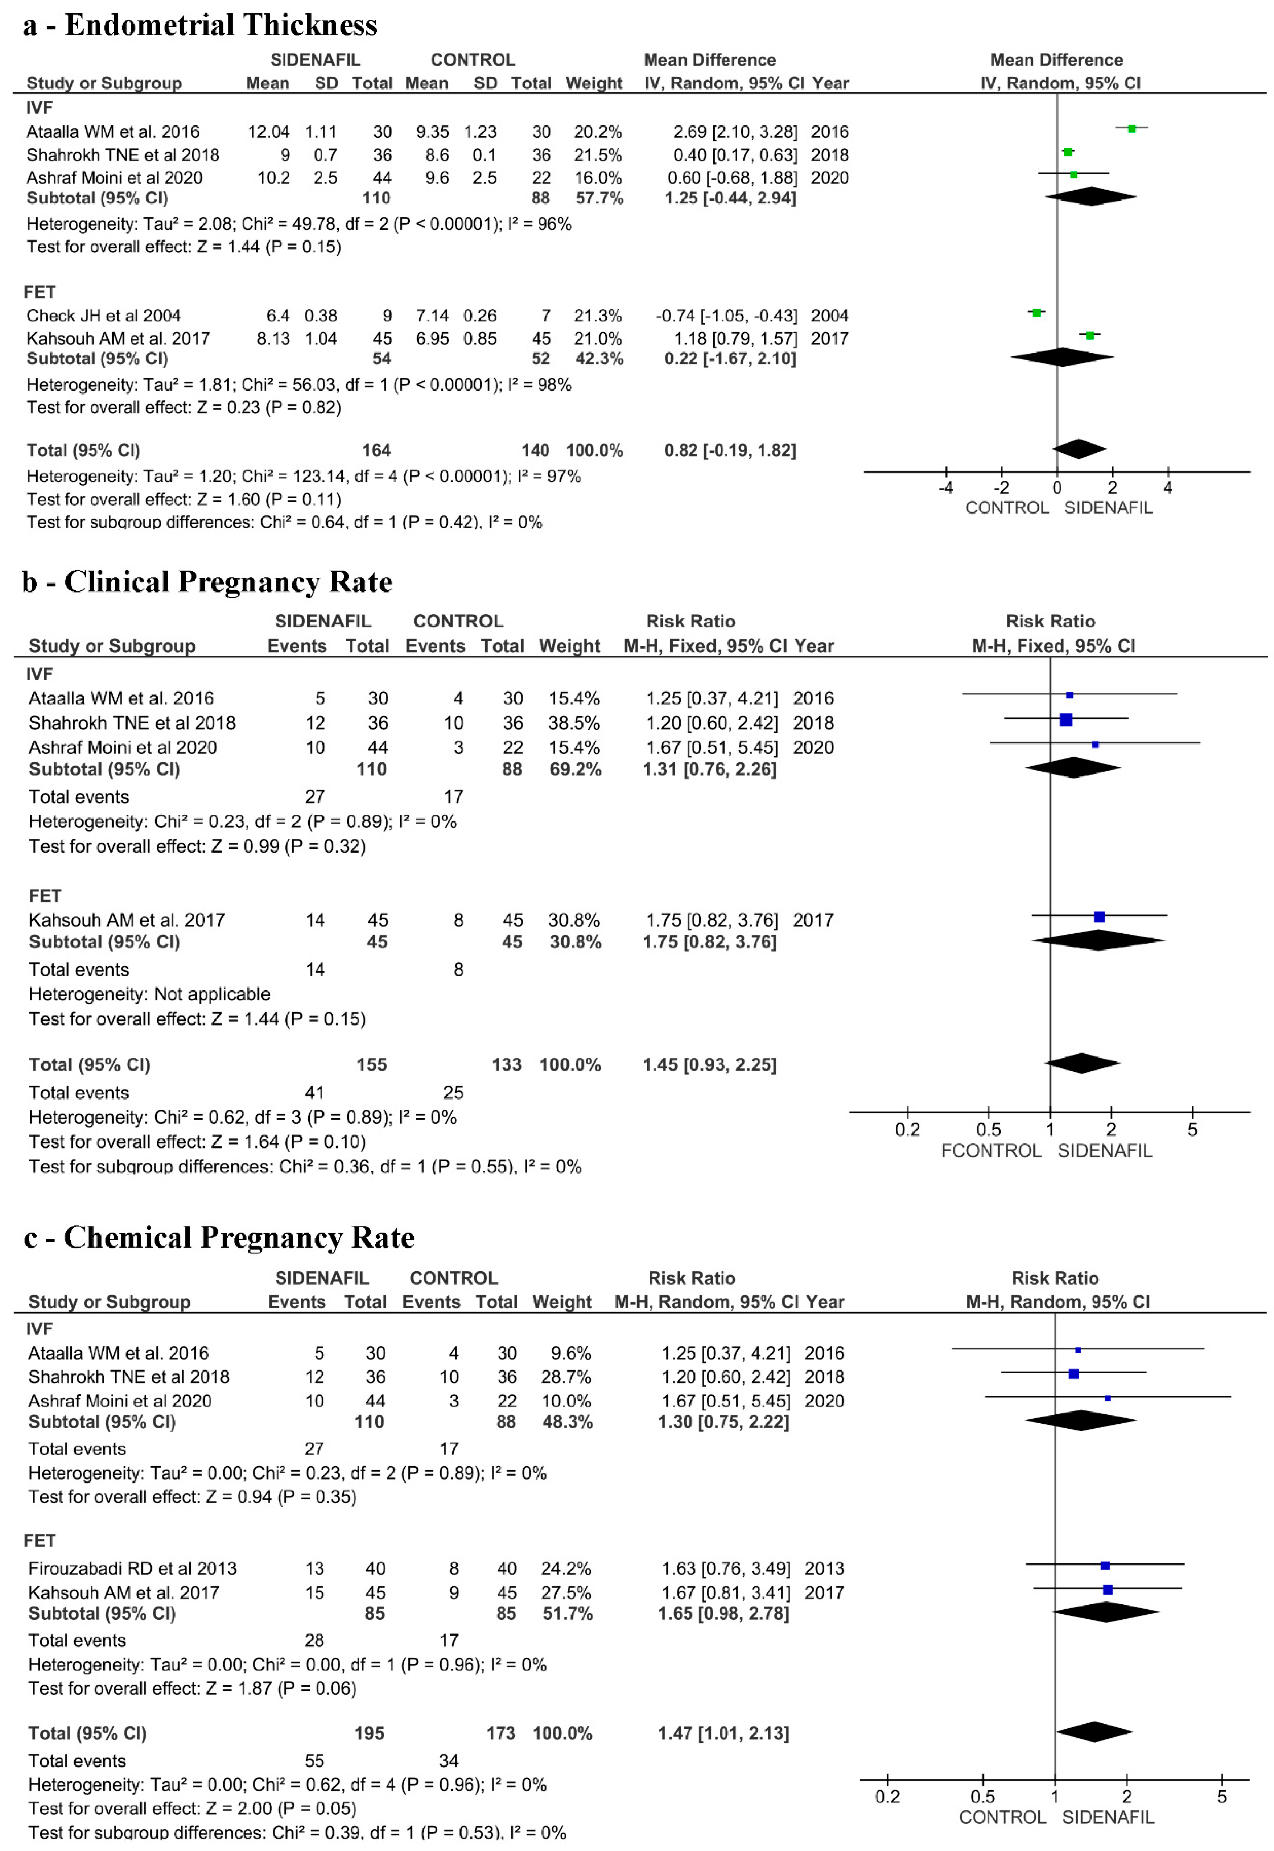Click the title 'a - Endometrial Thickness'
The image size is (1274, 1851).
(x=199, y=25)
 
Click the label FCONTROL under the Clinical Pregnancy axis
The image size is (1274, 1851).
(x=991, y=1151)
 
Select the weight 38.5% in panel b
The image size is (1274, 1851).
(x=574, y=723)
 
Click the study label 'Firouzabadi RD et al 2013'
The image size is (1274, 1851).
(x=132, y=1568)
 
